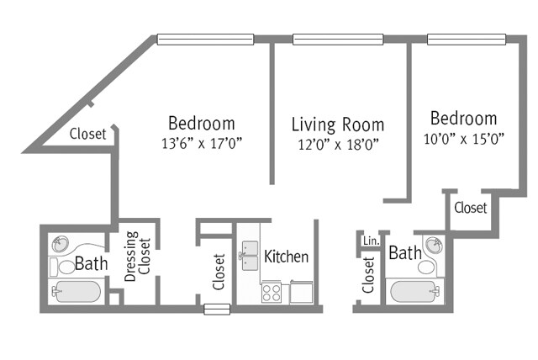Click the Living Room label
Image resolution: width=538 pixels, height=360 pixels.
pos(337,125)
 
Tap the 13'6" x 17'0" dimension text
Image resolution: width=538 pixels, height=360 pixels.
pos(201,143)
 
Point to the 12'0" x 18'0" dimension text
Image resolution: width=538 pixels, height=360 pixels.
pos(337,145)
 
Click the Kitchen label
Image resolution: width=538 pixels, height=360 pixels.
pos(286,257)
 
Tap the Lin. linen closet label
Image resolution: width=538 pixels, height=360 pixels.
pos(370,241)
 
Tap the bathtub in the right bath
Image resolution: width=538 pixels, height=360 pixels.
pos(413,293)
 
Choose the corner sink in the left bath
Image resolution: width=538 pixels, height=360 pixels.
pos(60,245)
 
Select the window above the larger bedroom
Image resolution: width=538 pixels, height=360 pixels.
pos(205,39)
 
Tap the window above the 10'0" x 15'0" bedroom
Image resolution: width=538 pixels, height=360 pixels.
pos(467,39)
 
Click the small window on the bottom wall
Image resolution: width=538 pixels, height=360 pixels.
pos(216,310)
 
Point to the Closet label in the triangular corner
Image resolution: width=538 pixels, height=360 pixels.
pos(87,134)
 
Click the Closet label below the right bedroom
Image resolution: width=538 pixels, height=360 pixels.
pos(470,208)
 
